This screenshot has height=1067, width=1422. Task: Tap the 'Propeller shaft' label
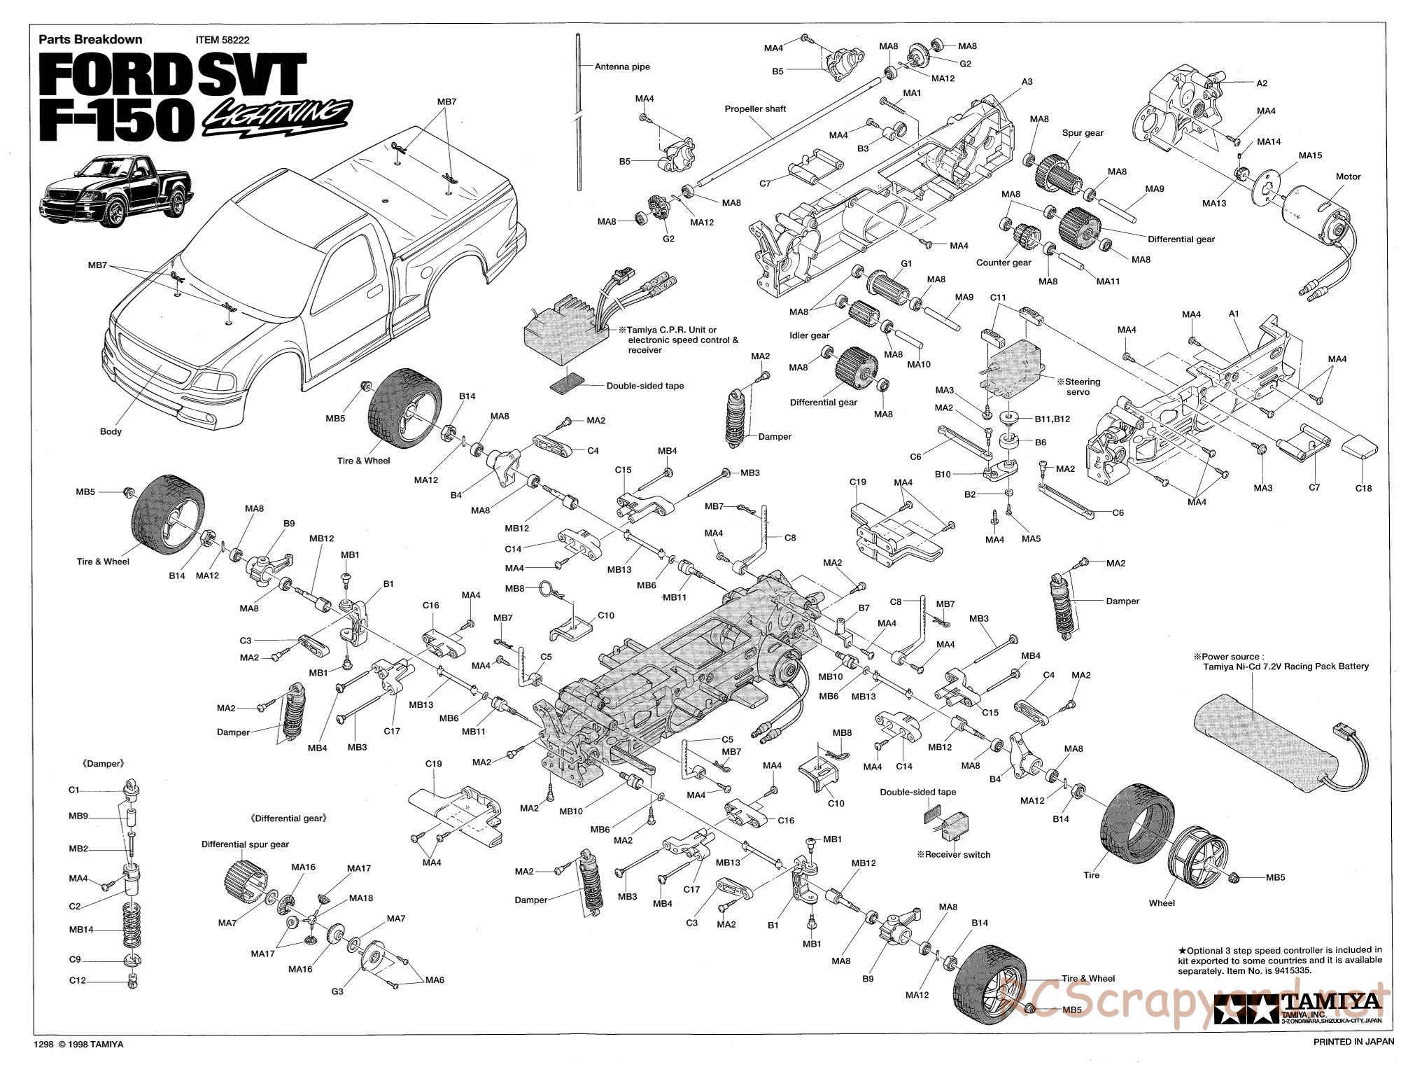pyautogui.click(x=755, y=109)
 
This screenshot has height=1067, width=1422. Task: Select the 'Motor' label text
pyautogui.click(x=1348, y=176)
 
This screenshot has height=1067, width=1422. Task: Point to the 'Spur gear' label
pyautogui.click(x=1083, y=133)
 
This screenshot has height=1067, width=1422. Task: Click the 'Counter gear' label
pyautogui.click(x=1004, y=263)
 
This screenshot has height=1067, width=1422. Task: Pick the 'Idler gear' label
pyautogui.click(x=809, y=335)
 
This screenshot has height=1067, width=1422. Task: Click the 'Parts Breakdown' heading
pyautogui.click(x=90, y=40)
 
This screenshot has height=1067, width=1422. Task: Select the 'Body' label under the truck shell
pyautogui.click(x=111, y=431)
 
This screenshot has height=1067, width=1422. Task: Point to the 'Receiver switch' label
pyautogui.click(x=957, y=854)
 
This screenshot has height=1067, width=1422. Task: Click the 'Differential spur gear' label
pyautogui.click(x=245, y=844)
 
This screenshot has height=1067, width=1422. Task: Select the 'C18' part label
pyautogui.click(x=1363, y=488)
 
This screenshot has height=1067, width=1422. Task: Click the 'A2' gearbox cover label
pyautogui.click(x=1261, y=83)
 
